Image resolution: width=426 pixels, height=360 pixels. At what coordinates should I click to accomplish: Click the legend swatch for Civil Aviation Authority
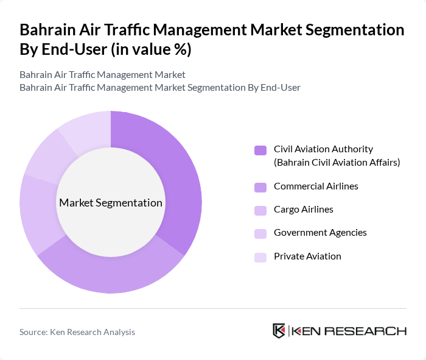pyautogui.click(x=260, y=150)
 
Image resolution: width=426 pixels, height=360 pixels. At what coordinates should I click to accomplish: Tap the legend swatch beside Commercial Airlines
pyautogui.click(x=260, y=186)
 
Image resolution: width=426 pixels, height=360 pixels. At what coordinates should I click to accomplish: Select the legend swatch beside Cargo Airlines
pyautogui.click(x=260, y=210)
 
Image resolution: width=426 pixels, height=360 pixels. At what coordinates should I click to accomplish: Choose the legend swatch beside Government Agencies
pyautogui.click(x=260, y=233)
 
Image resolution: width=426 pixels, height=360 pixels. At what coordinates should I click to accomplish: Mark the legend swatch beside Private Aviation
pyautogui.click(x=260, y=257)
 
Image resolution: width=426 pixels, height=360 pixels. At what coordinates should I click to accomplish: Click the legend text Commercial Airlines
pyautogui.click(x=316, y=186)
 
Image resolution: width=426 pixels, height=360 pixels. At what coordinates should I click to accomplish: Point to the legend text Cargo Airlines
pyautogui.click(x=304, y=210)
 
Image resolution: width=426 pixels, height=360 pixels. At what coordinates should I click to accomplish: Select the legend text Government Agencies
pyautogui.click(x=320, y=233)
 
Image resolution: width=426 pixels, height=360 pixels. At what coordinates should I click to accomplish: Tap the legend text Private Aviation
pyautogui.click(x=307, y=256)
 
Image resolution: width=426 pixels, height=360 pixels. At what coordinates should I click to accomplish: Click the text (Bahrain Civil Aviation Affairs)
pyautogui.click(x=337, y=162)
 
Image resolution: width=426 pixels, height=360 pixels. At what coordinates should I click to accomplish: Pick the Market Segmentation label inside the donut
pyautogui.click(x=111, y=203)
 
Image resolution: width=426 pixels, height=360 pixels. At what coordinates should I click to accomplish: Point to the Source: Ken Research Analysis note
pyautogui.click(x=77, y=332)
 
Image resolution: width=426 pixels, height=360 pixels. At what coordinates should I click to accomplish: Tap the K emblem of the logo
pyautogui.click(x=279, y=331)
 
